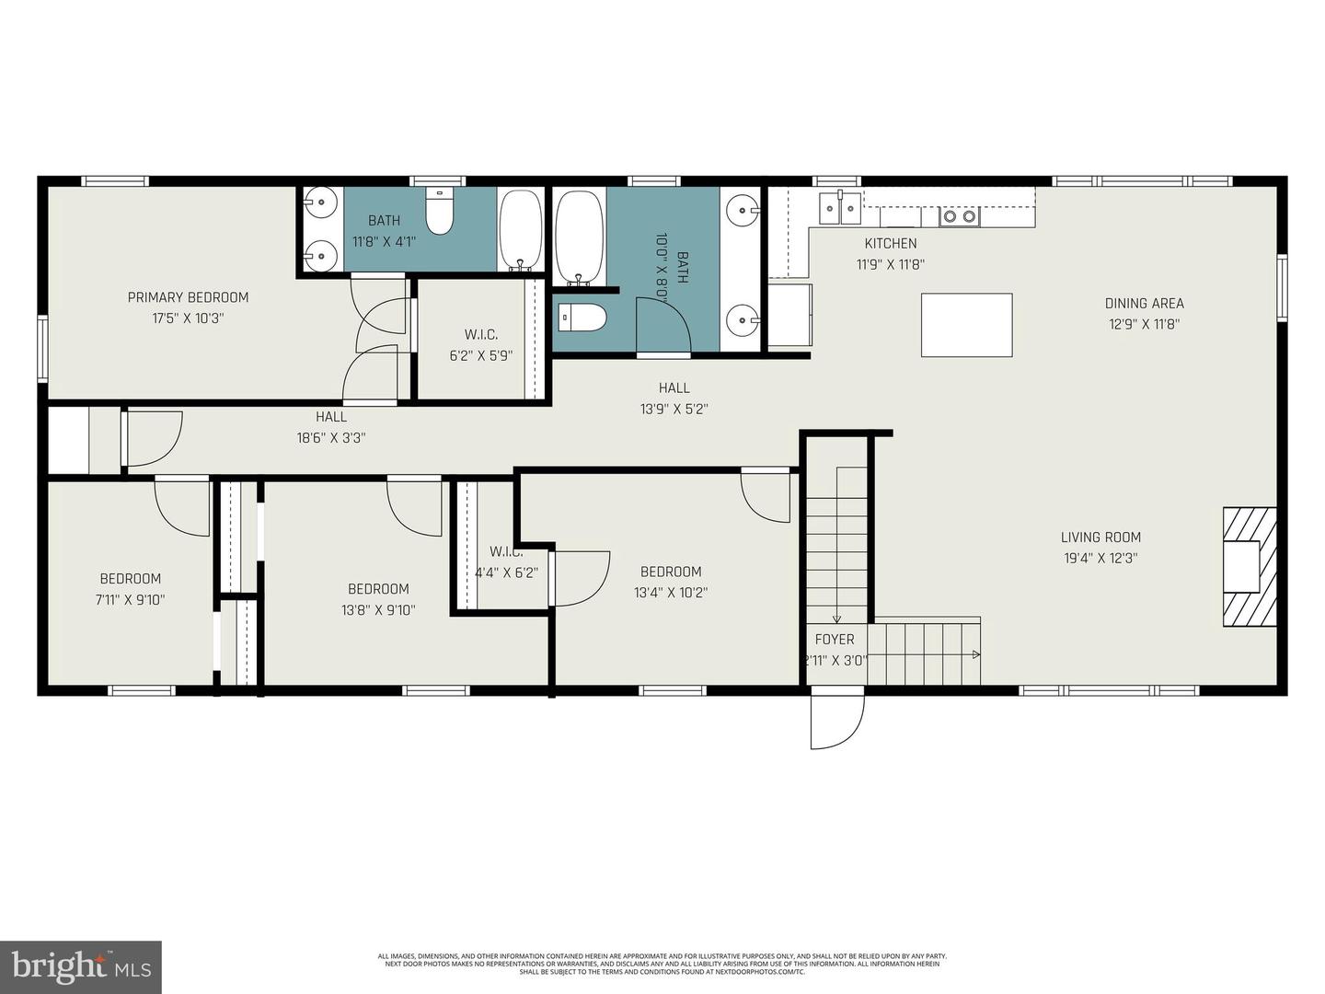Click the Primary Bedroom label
tap(188, 297)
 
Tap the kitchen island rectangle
tap(966, 325)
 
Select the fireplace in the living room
tap(1249, 566)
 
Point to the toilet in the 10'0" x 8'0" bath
tap(582, 318)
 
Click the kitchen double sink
tap(841, 208)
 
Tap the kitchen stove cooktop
tap(959, 217)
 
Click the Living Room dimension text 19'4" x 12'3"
tap(1100, 558)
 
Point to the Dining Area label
tap(1144, 303)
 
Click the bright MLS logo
tap(81, 966)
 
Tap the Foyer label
tap(835, 639)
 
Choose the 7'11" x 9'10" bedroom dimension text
tap(131, 599)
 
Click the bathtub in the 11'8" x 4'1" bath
tap(521, 230)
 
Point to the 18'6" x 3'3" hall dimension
tap(331, 438)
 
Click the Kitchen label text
tap(890, 243)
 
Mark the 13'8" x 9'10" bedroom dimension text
tap(378, 609)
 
